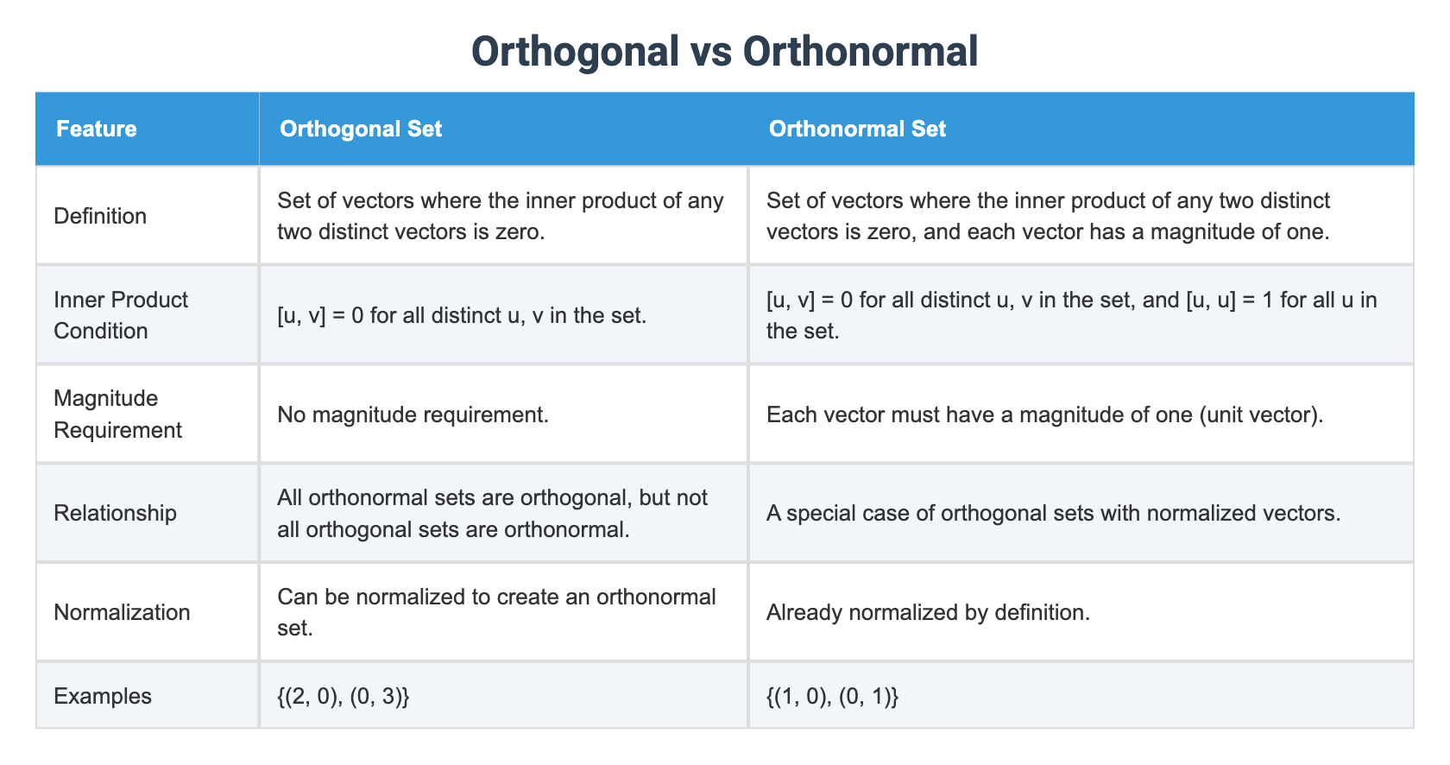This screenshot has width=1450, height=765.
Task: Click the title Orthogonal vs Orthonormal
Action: coord(724,52)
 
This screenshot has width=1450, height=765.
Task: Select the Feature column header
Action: coord(97,130)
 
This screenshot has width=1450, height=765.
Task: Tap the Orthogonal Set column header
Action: coord(361,130)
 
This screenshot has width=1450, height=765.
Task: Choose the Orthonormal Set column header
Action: coord(857,130)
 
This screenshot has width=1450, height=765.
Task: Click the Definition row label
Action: coord(100,216)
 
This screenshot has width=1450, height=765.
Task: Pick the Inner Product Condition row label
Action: coord(121,315)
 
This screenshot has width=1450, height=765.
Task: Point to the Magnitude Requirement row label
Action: coord(117,414)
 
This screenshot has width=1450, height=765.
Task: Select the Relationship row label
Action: coord(115,513)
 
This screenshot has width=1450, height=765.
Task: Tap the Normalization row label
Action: coord(122,612)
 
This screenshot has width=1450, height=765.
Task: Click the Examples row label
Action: coord(102,696)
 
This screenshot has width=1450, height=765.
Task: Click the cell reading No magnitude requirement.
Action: coord(413,414)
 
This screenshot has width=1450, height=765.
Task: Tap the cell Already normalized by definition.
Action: coord(928,612)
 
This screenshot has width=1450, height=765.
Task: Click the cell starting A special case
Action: coord(1053,513)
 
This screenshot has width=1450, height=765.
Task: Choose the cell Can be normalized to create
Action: coord(496,612)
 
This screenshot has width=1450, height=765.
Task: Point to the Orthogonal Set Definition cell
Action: coord(501,216)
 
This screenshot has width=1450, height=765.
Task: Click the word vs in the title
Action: coord(710,52)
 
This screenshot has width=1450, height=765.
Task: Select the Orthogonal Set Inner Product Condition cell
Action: coord(462,315)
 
